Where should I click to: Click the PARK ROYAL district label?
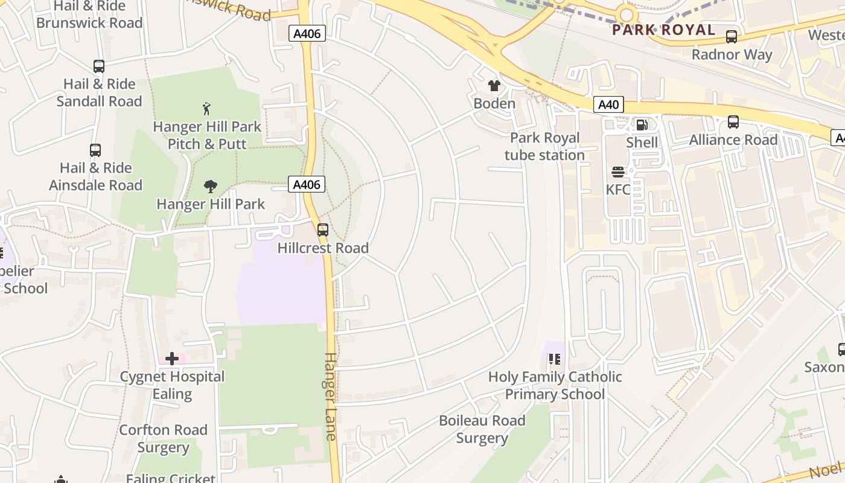coord(663,30)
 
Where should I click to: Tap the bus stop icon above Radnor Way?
coord(732,37)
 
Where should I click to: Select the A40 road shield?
coord(608,104)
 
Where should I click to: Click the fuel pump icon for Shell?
coord(642,125)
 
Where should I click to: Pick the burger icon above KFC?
coord(617,172)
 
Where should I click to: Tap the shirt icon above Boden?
coord(494,86)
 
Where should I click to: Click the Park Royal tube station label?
coord(544,146)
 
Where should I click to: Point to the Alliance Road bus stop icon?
coord(733,122)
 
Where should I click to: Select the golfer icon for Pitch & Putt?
coord(207,109)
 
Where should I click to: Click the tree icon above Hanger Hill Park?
coord(211,186)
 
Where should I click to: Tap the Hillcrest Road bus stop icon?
coord(323,230)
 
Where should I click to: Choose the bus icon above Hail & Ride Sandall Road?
coord(99,66)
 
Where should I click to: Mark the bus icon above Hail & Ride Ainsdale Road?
coord(95,150)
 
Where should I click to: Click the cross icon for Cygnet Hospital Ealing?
coord(172,359)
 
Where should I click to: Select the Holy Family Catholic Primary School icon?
coord(555,359)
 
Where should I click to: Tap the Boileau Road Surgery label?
coord(482,429)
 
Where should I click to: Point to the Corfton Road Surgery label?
coord(163,438)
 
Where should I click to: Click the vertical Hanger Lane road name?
coord(331,397)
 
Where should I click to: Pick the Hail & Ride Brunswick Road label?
coord(89,15)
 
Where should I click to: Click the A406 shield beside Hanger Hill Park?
coord(307,184)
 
